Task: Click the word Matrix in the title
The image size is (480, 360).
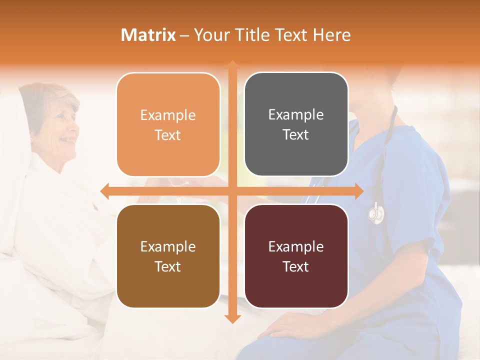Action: click(148, 35)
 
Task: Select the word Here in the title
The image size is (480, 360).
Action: click(332, 35)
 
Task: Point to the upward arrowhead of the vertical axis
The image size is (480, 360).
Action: click(232, 65)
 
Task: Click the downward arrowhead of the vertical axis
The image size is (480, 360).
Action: click(232, 318)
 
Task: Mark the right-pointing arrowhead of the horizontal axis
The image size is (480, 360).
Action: click(358, 191)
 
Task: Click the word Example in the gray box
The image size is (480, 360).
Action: click(296, 115)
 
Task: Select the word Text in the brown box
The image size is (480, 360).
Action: click(168, 266)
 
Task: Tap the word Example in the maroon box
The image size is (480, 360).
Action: click(296, 246)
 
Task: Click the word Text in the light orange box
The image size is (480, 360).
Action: click(168, 135)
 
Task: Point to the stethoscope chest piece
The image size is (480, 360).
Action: click(376, 213)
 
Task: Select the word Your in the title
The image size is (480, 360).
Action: click(210, 35)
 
